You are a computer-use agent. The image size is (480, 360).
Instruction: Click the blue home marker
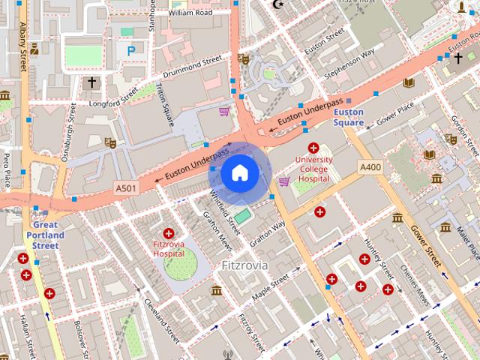point(239,173)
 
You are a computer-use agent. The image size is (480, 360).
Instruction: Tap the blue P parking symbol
point(131,51)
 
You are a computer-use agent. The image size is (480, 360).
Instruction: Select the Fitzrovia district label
point(245,265)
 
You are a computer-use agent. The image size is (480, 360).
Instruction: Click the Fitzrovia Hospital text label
point(169,249)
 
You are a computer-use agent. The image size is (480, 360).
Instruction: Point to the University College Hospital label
point(313,169)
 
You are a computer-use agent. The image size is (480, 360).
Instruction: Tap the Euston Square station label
point(349,117)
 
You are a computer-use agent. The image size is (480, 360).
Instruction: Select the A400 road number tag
point(370,166)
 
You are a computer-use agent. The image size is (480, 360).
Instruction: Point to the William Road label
point(191,13)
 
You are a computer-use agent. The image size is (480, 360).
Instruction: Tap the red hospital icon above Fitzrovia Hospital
point(168,233)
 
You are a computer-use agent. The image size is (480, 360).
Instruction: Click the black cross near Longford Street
point(91,81)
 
